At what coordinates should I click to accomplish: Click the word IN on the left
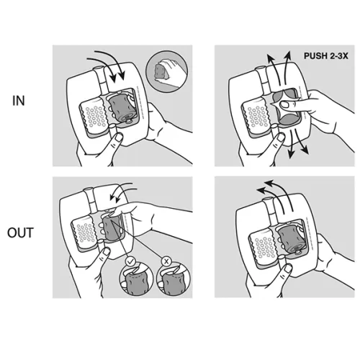(19, 101)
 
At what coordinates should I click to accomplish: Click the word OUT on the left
(20, 233)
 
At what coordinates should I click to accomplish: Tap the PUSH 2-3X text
(325, 56)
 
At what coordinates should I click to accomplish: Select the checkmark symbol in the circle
(130, 261)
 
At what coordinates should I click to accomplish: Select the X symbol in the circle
(166, 261)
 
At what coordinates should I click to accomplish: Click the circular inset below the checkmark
(136, 279)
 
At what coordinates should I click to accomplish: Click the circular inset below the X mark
(173, 279)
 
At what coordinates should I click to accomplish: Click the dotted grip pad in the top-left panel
(93, 117)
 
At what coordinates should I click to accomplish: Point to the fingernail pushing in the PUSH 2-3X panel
(285, 104)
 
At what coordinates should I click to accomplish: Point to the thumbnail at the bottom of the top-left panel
(119, 138)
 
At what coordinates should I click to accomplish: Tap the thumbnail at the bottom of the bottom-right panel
(287, 269)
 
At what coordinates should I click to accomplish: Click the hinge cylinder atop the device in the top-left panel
(101, 79)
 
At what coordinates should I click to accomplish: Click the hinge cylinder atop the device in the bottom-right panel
(271, 210)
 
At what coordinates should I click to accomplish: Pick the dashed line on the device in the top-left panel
(140, 102)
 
